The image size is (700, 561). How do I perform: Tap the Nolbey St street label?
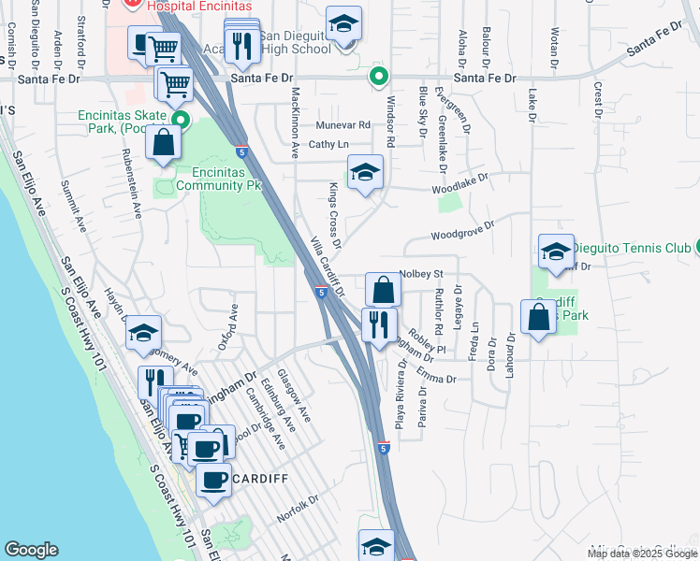pyautogui.click(x=420, y=274)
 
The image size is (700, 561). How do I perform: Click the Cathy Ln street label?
pyautogui.click(x=328, y=144)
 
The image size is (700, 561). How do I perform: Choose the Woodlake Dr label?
pyautogui.click(x=461, y=182)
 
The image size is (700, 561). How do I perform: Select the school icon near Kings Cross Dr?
pyautogui.click(x=366, y=172)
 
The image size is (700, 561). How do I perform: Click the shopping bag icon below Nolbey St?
pyautogui.click(x=383, y=290)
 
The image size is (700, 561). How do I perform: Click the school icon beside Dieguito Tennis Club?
pyautogui.click(x=556, y=251)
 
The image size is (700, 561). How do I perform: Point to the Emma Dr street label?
pyautogui.click(x=436, y=378)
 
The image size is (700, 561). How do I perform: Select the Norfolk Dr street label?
pyautogui.click(x=298, y=510)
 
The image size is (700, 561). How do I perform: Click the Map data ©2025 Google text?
pyautogui.click(x=641, y=554)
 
